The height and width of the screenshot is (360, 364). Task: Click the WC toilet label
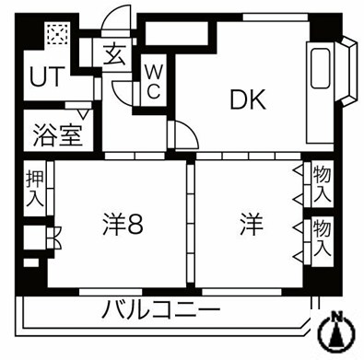click(153, 80)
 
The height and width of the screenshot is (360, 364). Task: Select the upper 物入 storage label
click(322, 183)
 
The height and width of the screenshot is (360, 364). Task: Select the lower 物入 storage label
click(322, 237)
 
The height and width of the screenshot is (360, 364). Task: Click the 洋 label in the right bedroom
click(250, 224)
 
